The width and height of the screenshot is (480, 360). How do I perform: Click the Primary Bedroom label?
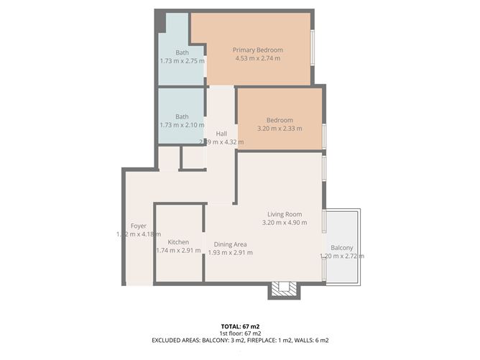[x=257, y=50]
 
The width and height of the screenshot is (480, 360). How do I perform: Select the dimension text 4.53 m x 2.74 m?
[x=257, y=59]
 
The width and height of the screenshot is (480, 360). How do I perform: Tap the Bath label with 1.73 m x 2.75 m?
[x=182, y=52]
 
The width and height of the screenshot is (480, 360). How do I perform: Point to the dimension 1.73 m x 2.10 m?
[x=182, y=126]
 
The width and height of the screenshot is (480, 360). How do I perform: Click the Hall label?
[x=221, y=134]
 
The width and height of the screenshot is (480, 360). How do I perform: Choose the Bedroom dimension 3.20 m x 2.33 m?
[x=280, y=129]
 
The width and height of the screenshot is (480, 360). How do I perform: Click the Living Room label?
[x=284, y=214]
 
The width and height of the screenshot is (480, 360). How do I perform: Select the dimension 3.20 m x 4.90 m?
[x=284, y=223]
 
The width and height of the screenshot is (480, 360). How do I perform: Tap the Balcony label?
[x=341, y=247]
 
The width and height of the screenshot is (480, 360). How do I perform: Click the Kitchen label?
[x=178, y=242]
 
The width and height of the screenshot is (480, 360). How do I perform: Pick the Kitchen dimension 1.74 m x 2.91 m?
[x=178, y=251]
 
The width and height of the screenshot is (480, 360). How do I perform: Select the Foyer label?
[x=138, y=226]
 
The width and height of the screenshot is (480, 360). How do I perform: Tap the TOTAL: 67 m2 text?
[x=240, y=326]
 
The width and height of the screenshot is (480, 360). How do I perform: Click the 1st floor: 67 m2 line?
[x=240, y=333]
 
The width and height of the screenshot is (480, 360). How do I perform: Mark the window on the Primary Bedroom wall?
[x=313, y=49]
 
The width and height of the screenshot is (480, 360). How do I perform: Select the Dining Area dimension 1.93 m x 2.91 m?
[x=230, y=252]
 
